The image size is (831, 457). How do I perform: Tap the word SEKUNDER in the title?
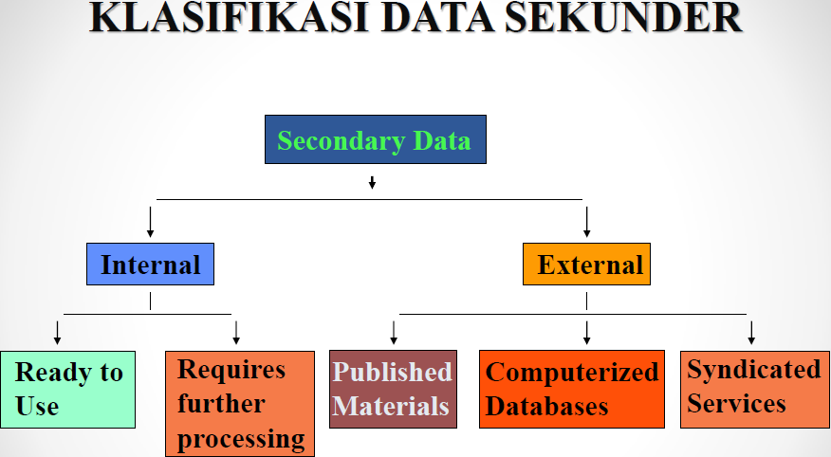620,19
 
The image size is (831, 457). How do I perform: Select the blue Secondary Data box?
375,140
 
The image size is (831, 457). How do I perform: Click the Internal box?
150,264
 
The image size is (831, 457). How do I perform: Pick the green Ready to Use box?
67,389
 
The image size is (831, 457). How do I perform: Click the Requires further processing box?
240,403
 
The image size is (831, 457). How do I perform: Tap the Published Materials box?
393,389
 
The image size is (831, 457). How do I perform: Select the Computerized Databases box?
572,389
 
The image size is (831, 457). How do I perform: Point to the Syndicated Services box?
753,387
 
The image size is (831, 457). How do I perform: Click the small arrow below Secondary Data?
372,182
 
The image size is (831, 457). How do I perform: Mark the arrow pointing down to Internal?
150,221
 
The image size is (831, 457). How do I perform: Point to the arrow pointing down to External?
587,221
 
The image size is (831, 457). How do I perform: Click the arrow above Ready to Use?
58,332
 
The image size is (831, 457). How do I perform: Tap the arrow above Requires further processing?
236,332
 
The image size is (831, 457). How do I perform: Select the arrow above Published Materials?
394,332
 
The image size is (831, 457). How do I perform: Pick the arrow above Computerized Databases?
587,332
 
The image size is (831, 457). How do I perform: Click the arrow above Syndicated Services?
751,332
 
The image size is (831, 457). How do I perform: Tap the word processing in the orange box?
241,439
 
